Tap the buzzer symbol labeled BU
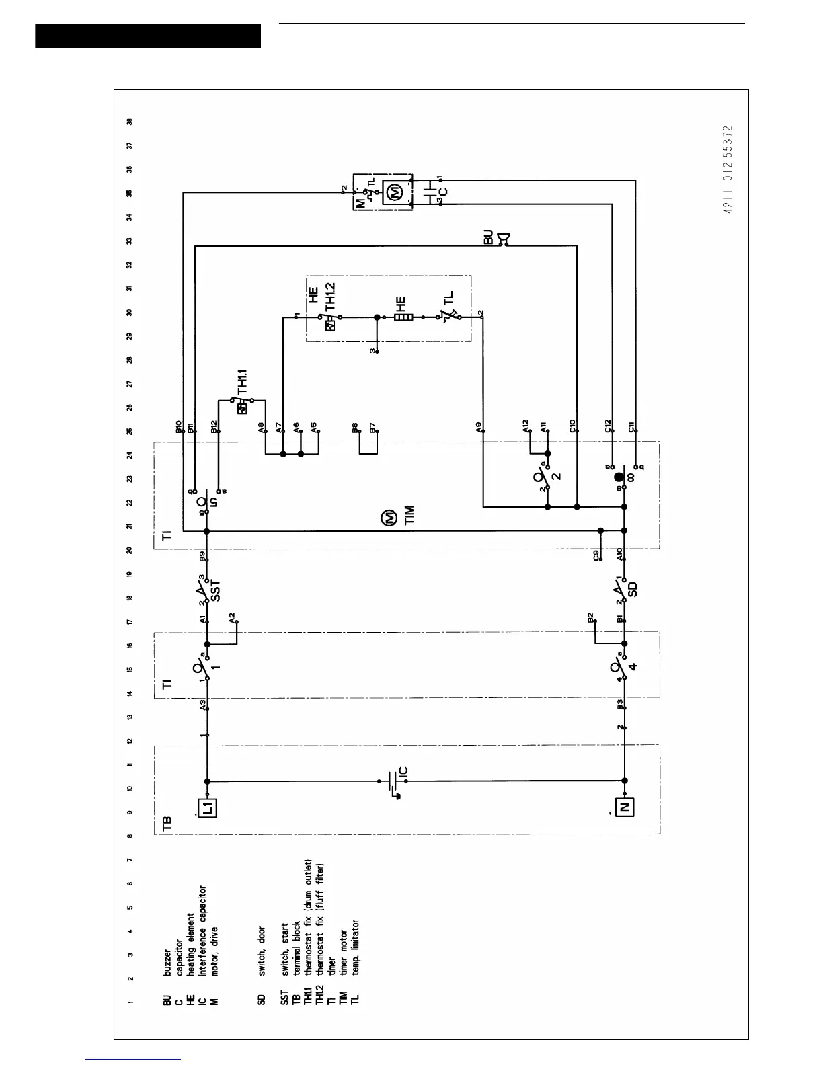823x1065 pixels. (503, 239)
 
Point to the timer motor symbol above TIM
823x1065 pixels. (389, 518)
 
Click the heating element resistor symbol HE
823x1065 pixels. (402, 317)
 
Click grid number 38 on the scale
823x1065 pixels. (130, 122)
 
